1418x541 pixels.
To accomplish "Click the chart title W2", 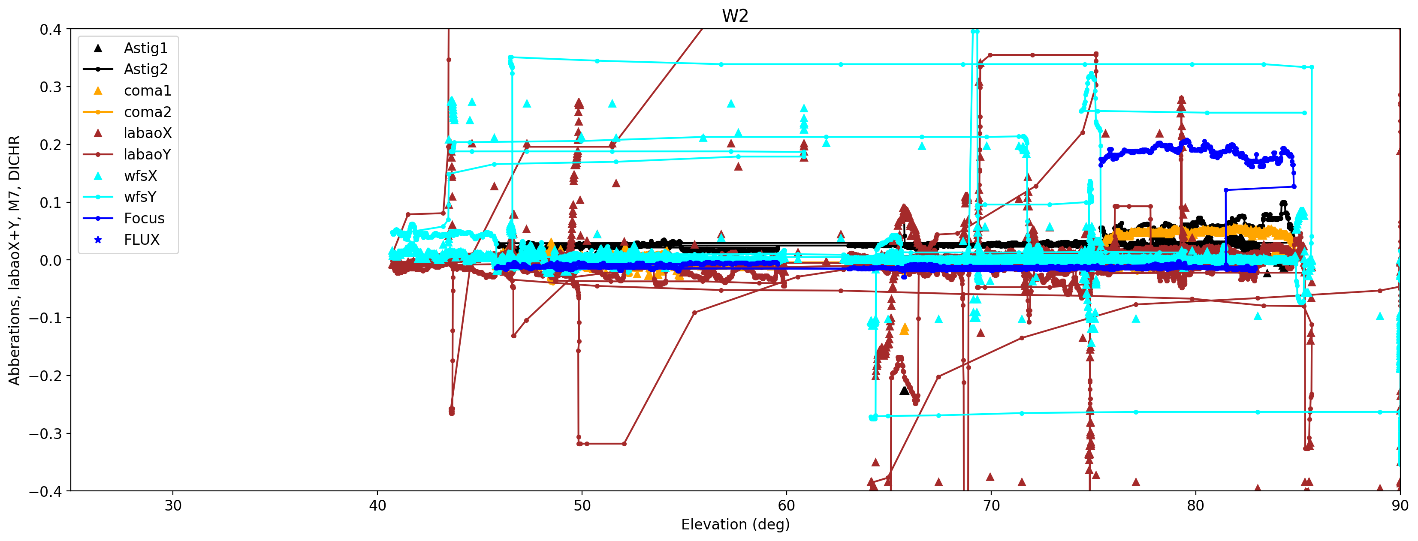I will [735, 16].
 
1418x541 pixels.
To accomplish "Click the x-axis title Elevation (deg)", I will [735, 524].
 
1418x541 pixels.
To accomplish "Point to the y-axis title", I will [14, 260].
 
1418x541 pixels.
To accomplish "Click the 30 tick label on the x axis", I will [173, 506].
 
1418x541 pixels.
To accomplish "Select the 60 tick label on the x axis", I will [786, 506].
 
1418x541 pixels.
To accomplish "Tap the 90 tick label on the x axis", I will [1399, 506].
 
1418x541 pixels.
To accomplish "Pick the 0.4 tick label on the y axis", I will [50, 29].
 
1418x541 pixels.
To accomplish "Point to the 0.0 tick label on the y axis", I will [50, 260].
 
